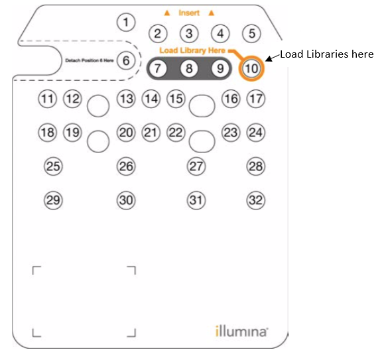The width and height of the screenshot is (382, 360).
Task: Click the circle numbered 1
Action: coord(126,23)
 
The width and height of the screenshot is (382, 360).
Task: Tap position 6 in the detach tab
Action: coord(126,60)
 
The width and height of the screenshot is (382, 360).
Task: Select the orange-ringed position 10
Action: coord(251,68)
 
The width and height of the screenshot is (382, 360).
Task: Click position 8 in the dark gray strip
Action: coord(189,68)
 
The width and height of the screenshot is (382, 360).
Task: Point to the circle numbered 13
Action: coord(126,99)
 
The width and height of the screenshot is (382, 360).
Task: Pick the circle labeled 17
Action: coord(256,99)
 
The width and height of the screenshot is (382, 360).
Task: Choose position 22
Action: coord(176,133)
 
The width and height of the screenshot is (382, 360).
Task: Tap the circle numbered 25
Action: coord(53,166)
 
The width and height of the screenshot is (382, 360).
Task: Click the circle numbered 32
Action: coord(256,200)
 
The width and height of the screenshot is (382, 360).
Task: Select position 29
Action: coord(53,200)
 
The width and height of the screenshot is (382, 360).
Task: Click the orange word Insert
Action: coord(189,13)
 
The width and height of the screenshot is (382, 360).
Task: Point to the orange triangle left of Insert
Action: coord(167,13)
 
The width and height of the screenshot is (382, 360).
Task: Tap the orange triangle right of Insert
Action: coord(212,13)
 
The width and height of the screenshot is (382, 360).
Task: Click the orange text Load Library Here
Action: coord(192,50)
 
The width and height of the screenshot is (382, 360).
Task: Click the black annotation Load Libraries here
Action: coord(327,54)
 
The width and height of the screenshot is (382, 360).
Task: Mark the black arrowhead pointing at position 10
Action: coord(268,59)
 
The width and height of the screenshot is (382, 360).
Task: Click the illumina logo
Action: coord(241,331)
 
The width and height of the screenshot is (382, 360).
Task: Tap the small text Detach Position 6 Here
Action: coord(90,60)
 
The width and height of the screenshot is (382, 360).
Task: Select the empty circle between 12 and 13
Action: coord(98,106)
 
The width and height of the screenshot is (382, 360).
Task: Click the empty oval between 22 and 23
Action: coord(202,141)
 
